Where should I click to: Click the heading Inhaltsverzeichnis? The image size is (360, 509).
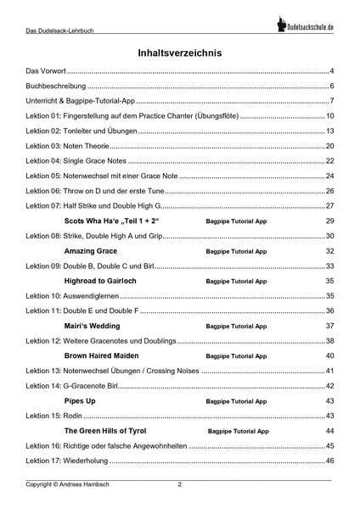(x=180, y=53)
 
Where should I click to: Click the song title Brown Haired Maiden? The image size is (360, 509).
(x=106, y=355)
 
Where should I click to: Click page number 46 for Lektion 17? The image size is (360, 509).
(x=330, y=460)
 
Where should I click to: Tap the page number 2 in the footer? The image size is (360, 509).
(x=179, y=485)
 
